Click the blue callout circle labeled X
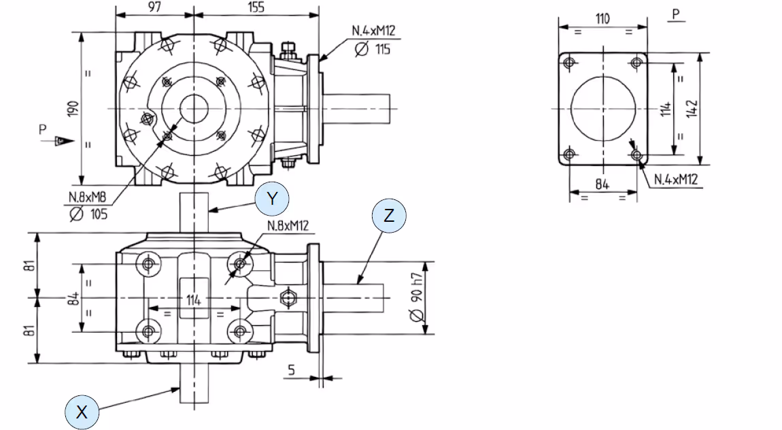(82, 412)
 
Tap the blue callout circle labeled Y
(272, 199)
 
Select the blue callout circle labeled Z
(389, 216)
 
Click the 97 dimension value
(154, 7)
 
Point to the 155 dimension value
(256, 7)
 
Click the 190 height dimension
(73, 109)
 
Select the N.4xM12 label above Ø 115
(373, 31)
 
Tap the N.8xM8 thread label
(88, 197)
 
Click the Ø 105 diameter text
(88, 214)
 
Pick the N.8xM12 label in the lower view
(288, 226)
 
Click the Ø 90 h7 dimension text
(416, 297)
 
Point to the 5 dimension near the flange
(291, 369)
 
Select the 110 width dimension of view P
(602, 19)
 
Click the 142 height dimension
(692, 109)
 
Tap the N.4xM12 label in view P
(676, 179)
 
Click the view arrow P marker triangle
(63, 141)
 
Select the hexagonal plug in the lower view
(287, 298)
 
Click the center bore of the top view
(194, 109)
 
